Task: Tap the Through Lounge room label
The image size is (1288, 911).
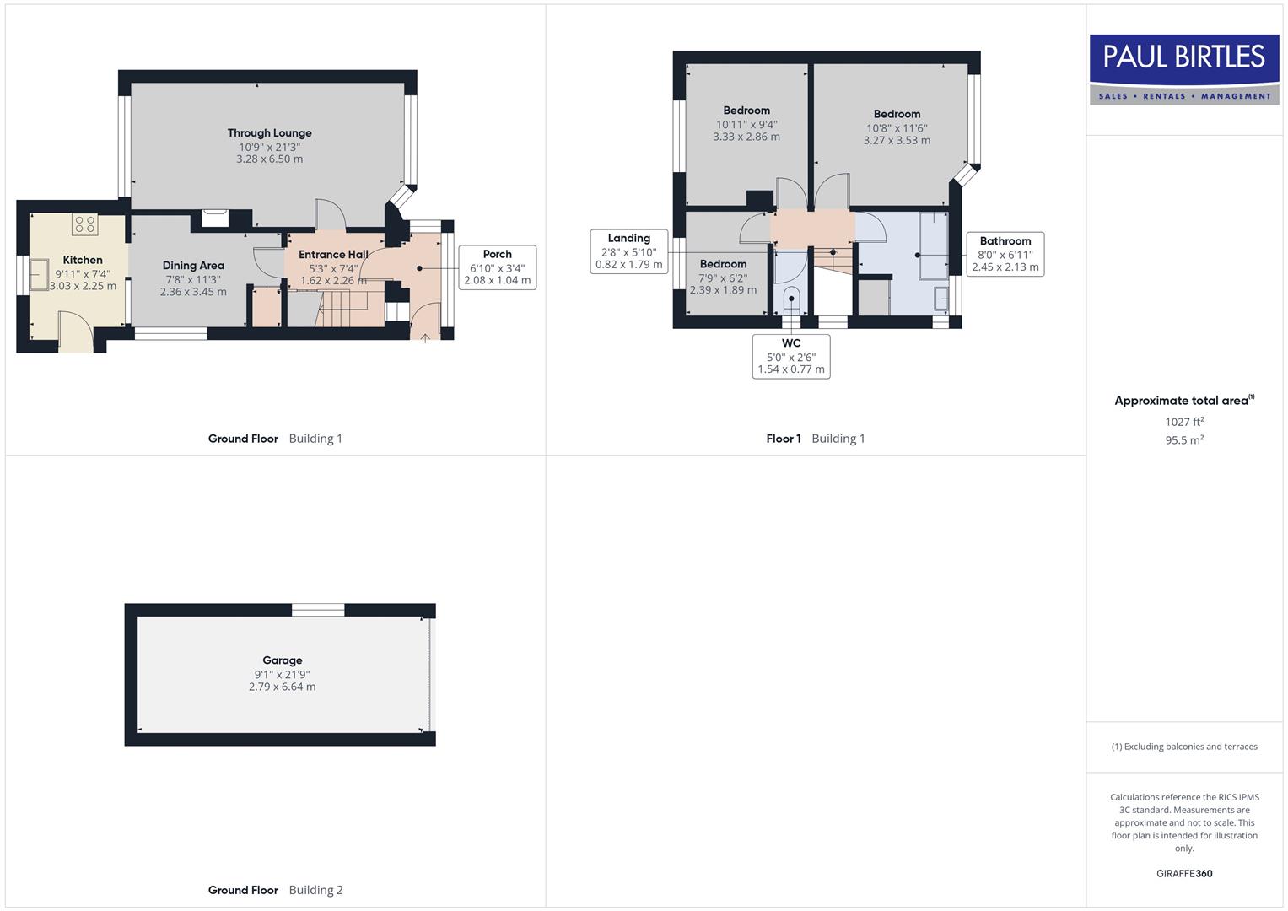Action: point(269,133)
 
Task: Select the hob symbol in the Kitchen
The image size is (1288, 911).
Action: point(84,224)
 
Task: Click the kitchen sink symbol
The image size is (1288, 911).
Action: point(39,274)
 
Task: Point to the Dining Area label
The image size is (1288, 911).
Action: point(193,266)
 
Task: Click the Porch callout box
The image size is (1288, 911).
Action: point(497,267)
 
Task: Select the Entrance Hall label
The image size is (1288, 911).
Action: point(333,255)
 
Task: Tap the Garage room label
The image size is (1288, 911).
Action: point(282,660)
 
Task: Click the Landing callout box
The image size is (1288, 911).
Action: point(628,251)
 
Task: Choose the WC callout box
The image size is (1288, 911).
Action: point(790,356)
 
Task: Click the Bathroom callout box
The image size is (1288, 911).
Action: point(1005,254)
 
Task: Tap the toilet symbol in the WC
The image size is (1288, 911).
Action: point(791,300)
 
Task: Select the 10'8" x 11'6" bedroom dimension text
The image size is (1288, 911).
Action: point(897,128)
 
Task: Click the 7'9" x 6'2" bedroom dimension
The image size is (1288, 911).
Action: point(723,278)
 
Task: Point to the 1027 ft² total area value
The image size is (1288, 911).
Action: point(1184,422)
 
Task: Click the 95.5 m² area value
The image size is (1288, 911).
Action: point(1184,440)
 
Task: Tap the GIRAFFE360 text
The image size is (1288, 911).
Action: point(1184,873)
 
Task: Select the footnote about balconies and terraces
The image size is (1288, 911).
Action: point(1184,747)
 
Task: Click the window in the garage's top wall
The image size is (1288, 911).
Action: point(318,610)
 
